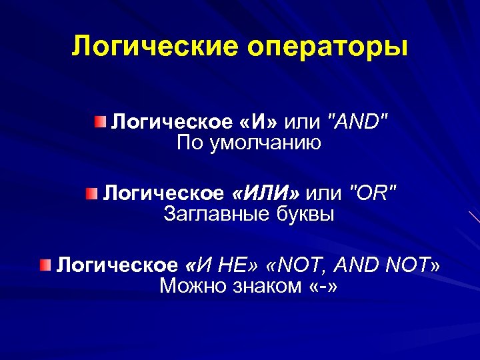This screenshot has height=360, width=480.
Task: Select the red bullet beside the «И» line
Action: [x=99, y=121]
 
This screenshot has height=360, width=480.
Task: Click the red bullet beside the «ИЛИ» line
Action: [x=91, y=194]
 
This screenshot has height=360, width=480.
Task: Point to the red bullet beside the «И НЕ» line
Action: [x=45, y=266]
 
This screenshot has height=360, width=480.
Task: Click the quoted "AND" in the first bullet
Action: [x=355, y=122]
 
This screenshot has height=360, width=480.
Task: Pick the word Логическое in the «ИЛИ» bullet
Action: [x=164, y=194]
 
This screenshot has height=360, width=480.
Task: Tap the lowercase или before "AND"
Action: [x=302, y=122]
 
